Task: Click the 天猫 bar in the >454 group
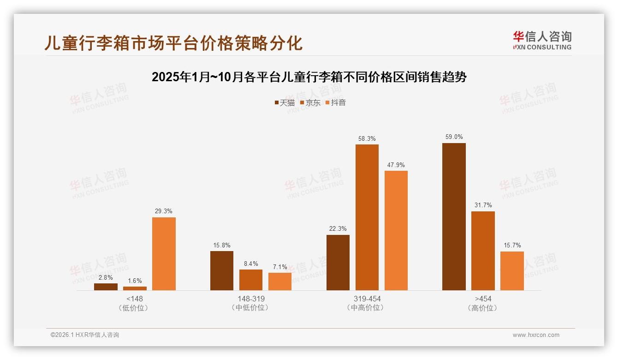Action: pyautogui.click(x=454, y=216)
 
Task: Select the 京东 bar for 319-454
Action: pyautogui.click(x=367, y=217)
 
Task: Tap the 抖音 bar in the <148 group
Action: pyautogui.click(x=164, y=254)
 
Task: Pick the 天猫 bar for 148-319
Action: pyautogui.click(x=222, y=270)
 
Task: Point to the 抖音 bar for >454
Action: pyautogui.click(x=512, y=270)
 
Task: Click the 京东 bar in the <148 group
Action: pyautogui.click(x=135, y=288)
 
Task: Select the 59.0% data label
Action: pyautogui.click(x=454, y=137)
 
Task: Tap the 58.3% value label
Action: pyautogui.click(x=367, y=138)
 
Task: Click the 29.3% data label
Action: pyautogui.click(x=164, y=211)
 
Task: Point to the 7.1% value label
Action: pyautogui.click(x=280, y=267)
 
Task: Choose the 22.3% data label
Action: pyautogui.click(x=338, y=229)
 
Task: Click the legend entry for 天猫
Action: pyautogui.click(x=285, y=103)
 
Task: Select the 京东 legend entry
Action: pyautogui.click(x=310, y=103)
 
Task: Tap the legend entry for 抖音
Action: pyautogui.click(x=336, y=103)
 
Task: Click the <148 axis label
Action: pyautogui.click(x=134, y=299)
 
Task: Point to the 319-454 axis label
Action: pyautogui.click(x=367, y=299)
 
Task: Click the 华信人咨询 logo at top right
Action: pyautogui.click(x=542, y=41)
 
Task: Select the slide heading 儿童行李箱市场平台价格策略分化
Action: pyautogui.click(x=173, y=43)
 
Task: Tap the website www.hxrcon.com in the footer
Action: pyautogui.click(x=536, y=335)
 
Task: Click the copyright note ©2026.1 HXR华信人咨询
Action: pyautogui.click(x=85, y=335)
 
